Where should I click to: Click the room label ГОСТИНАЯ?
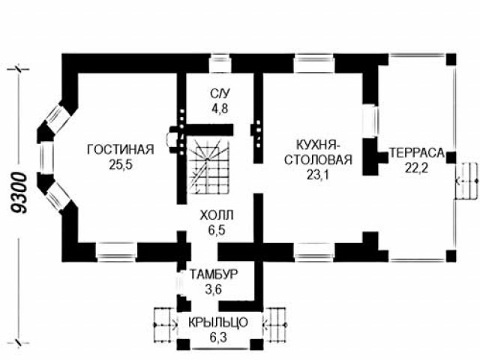point(121,150)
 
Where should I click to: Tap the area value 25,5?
point(121,165)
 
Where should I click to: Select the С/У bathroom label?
point(220,94)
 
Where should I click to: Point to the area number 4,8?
point(220,108)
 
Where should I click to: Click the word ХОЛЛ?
point(217,215)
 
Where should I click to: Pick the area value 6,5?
point(217,230)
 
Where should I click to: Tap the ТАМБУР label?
point(213,274)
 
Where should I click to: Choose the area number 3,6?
point(213,289)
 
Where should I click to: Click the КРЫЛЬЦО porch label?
point(217,322)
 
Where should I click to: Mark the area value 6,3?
point(218,337)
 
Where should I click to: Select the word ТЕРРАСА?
point(417,153)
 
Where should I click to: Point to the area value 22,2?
point(417,167)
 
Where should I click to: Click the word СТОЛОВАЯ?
point(318,160)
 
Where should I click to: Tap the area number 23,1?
point(318,175)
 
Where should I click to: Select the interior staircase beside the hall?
point(208,166)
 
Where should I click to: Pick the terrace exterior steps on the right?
point(466,181)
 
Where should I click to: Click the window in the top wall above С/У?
point(220,63)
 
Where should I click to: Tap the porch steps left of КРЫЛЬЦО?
point(165,325)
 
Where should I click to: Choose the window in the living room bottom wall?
point(117,252)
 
